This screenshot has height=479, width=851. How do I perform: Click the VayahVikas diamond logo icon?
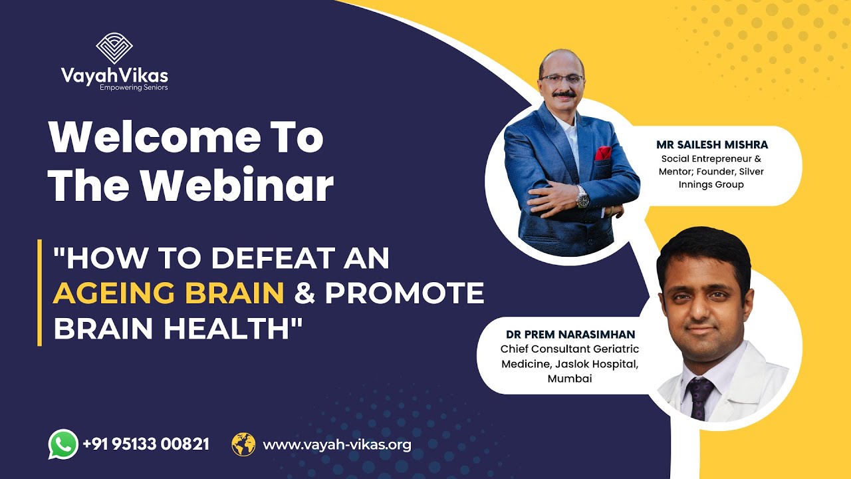click(114, 48)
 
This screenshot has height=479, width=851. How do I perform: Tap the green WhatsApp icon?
click(63, 444)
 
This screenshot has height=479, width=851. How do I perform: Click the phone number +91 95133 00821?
click(146, 444)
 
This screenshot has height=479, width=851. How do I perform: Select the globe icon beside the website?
click(243, 444)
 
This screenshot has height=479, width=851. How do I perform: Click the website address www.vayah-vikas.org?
click(337, 444)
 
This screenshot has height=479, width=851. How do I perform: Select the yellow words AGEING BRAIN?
click(169, 293)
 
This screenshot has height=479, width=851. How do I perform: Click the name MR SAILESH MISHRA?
click(711, 144)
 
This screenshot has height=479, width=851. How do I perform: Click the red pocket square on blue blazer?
click(603, 153)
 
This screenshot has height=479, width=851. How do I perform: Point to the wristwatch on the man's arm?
click(583, 197)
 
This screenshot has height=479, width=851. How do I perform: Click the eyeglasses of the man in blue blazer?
click(562, 78)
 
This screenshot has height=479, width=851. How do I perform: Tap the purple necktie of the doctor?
click(699, 397)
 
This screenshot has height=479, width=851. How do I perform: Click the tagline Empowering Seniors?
click(134, 87)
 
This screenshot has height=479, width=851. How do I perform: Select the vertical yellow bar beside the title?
click(40, 293)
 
